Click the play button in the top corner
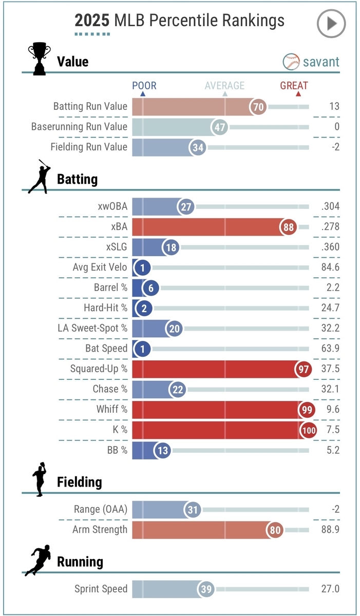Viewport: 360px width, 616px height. (331, 23)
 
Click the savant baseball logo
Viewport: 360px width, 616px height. (291, 62)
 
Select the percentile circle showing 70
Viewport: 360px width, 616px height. (258, 107)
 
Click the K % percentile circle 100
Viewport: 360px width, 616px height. (309, 430)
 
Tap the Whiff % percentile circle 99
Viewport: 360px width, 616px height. (307, 410)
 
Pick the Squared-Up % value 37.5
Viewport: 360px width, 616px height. (329, 369)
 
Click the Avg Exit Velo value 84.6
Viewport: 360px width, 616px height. (329, 267)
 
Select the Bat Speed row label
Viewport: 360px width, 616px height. (106, 349)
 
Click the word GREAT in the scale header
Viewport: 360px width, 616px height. (294, 86)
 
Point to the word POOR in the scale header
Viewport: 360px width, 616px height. (144, 86)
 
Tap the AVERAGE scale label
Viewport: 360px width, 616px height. (224, 86)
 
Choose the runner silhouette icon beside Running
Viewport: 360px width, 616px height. (38, 560)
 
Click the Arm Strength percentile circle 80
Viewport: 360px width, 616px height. (276, 530)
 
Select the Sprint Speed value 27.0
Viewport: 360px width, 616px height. (329, 589)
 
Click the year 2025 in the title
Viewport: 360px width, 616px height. (92, 21)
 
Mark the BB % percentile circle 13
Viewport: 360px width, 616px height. (162, 451)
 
